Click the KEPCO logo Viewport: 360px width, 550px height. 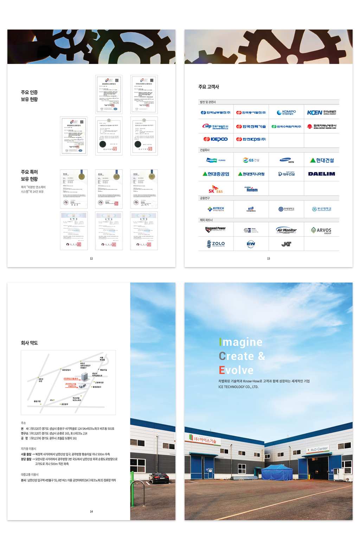click(x=216, y=139)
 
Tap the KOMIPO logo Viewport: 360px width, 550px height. click(x=286, y=112)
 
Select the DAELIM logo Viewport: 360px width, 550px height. click(x=321, y=174)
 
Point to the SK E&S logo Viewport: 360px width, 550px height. click(x=216, y=189)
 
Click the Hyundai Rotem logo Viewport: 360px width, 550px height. click(x=251, y=189)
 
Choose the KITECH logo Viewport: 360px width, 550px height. click(x=216, y=209)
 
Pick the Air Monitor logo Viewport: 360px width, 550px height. click(x=286, y=230)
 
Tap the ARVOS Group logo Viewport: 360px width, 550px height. click(x=321, y=231)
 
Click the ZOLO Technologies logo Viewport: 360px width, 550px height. click(x=216, y=244)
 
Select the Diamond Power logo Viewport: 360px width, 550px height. click(x=216, y=229)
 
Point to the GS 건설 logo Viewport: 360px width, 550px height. click(x=251, y=160)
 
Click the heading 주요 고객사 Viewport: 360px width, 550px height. click(x=208, y=87)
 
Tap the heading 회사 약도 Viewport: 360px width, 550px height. click(x=29, y=343)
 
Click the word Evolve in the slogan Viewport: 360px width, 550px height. click(x=236, y=370)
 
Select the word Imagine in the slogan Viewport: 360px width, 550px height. click(x=241, y=342)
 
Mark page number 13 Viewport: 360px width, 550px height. click(x=268, y=259)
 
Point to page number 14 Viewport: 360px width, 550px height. click(x=91, y=512)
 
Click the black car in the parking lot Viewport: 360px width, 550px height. click(x=159, y=477)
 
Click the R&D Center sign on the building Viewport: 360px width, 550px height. click(x=319, y=449)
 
